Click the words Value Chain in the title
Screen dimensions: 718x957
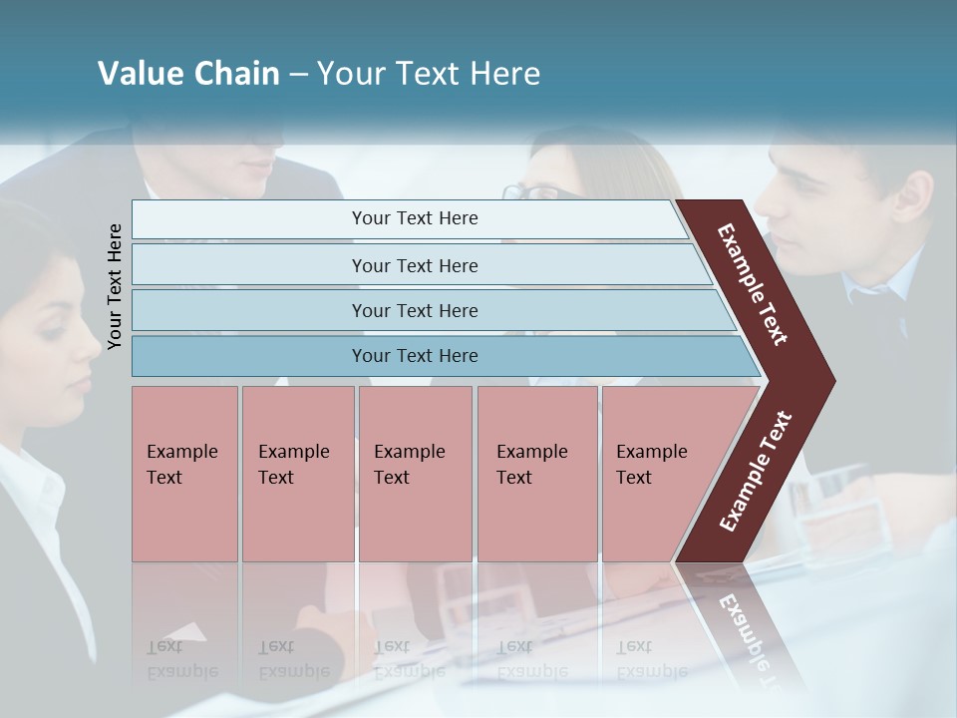[188, 74]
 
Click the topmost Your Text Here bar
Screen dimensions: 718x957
[414, 218]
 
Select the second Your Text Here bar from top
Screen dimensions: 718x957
[414, 265]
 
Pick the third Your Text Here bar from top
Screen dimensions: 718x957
[414, 310]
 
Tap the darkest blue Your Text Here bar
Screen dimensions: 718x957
[414, 356]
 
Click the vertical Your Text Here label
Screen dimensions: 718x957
[116, 286]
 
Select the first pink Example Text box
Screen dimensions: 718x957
[184, 473]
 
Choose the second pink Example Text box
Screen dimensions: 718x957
[297, 473]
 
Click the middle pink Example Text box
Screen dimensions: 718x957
[415, 473]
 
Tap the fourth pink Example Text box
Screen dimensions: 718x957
[536, 473]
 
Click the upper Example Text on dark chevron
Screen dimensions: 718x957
[753, 284]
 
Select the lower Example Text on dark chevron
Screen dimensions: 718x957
[756, 472]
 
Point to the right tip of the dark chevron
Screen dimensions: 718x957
[832, 381]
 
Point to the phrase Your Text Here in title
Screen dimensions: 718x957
[429, 74]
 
